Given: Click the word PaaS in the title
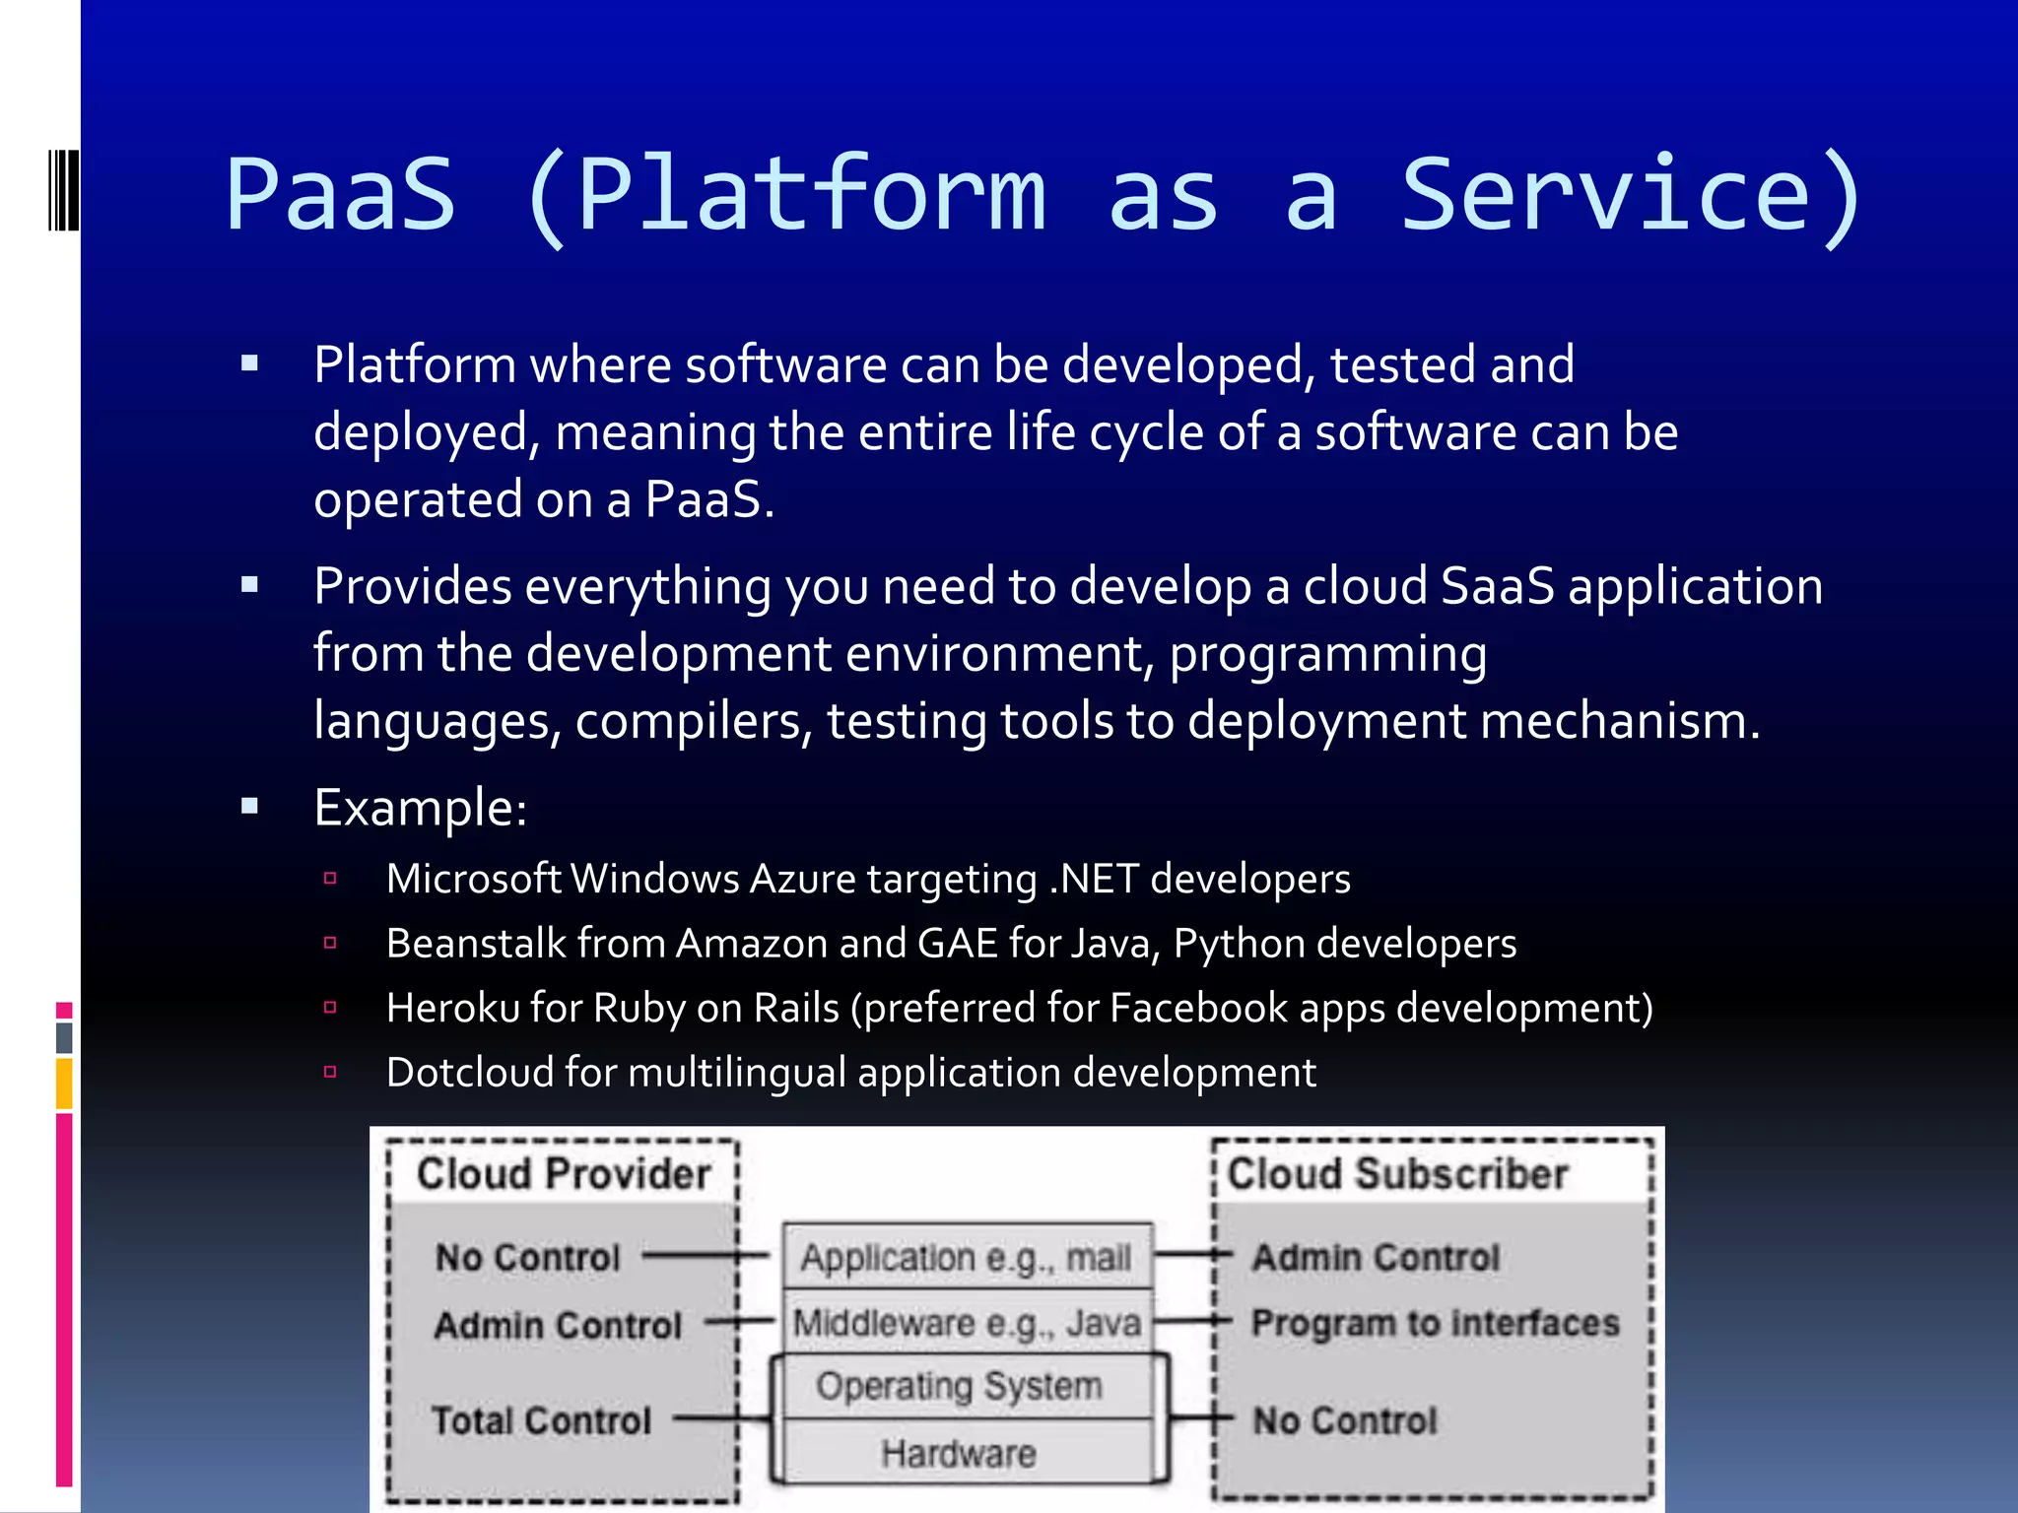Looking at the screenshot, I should click(341, 195).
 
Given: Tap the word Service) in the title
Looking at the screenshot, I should click(1631, 195).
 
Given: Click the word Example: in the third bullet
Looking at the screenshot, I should click(421, 809).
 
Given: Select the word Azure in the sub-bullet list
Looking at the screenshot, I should click(802, 879).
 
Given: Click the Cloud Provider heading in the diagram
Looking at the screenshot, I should click(563, 1174).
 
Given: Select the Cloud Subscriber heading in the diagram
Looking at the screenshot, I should click(1397, 1174).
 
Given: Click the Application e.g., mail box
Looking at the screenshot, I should click(966, 1258).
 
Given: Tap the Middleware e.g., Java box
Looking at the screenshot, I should click(966, 1323).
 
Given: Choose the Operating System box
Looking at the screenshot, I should click(958, 1387).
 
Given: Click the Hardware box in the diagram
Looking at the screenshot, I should click(958, 1453).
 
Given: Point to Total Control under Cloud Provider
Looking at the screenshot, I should click(541, 1420).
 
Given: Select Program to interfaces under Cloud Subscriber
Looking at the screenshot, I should click(1435, 1323).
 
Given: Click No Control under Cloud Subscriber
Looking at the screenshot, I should click(1344, 1420).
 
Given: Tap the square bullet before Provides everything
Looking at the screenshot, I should click(249, 586).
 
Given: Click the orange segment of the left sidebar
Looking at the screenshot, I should click(64, 1083).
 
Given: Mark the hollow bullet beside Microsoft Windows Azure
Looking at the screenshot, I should click(330, 879).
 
